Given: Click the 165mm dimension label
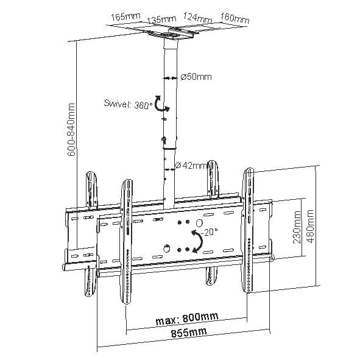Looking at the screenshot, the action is [125, 16].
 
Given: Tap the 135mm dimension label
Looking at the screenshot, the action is [161, 19].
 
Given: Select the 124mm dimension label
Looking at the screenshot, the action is [197, 17].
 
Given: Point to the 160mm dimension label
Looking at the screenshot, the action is [235, 18].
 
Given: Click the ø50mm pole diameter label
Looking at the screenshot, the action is [196, 77].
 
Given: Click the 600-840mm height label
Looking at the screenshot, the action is [71, 130].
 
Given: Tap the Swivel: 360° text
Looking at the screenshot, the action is [128, 104].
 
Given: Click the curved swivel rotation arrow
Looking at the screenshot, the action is [161, 104].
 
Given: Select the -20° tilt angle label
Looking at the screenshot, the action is [209, 232].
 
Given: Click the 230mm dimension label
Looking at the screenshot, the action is [297, 227].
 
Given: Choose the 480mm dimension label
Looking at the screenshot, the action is [310, 226].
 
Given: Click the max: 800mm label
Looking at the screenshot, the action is [187, 319].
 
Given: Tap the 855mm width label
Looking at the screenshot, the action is [189, 333].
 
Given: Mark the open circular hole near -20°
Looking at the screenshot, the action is [199, 222].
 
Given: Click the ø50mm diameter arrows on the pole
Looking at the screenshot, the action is [170, 79].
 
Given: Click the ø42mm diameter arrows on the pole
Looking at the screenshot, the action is [169, 170].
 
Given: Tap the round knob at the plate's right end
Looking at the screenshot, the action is [272, 257].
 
